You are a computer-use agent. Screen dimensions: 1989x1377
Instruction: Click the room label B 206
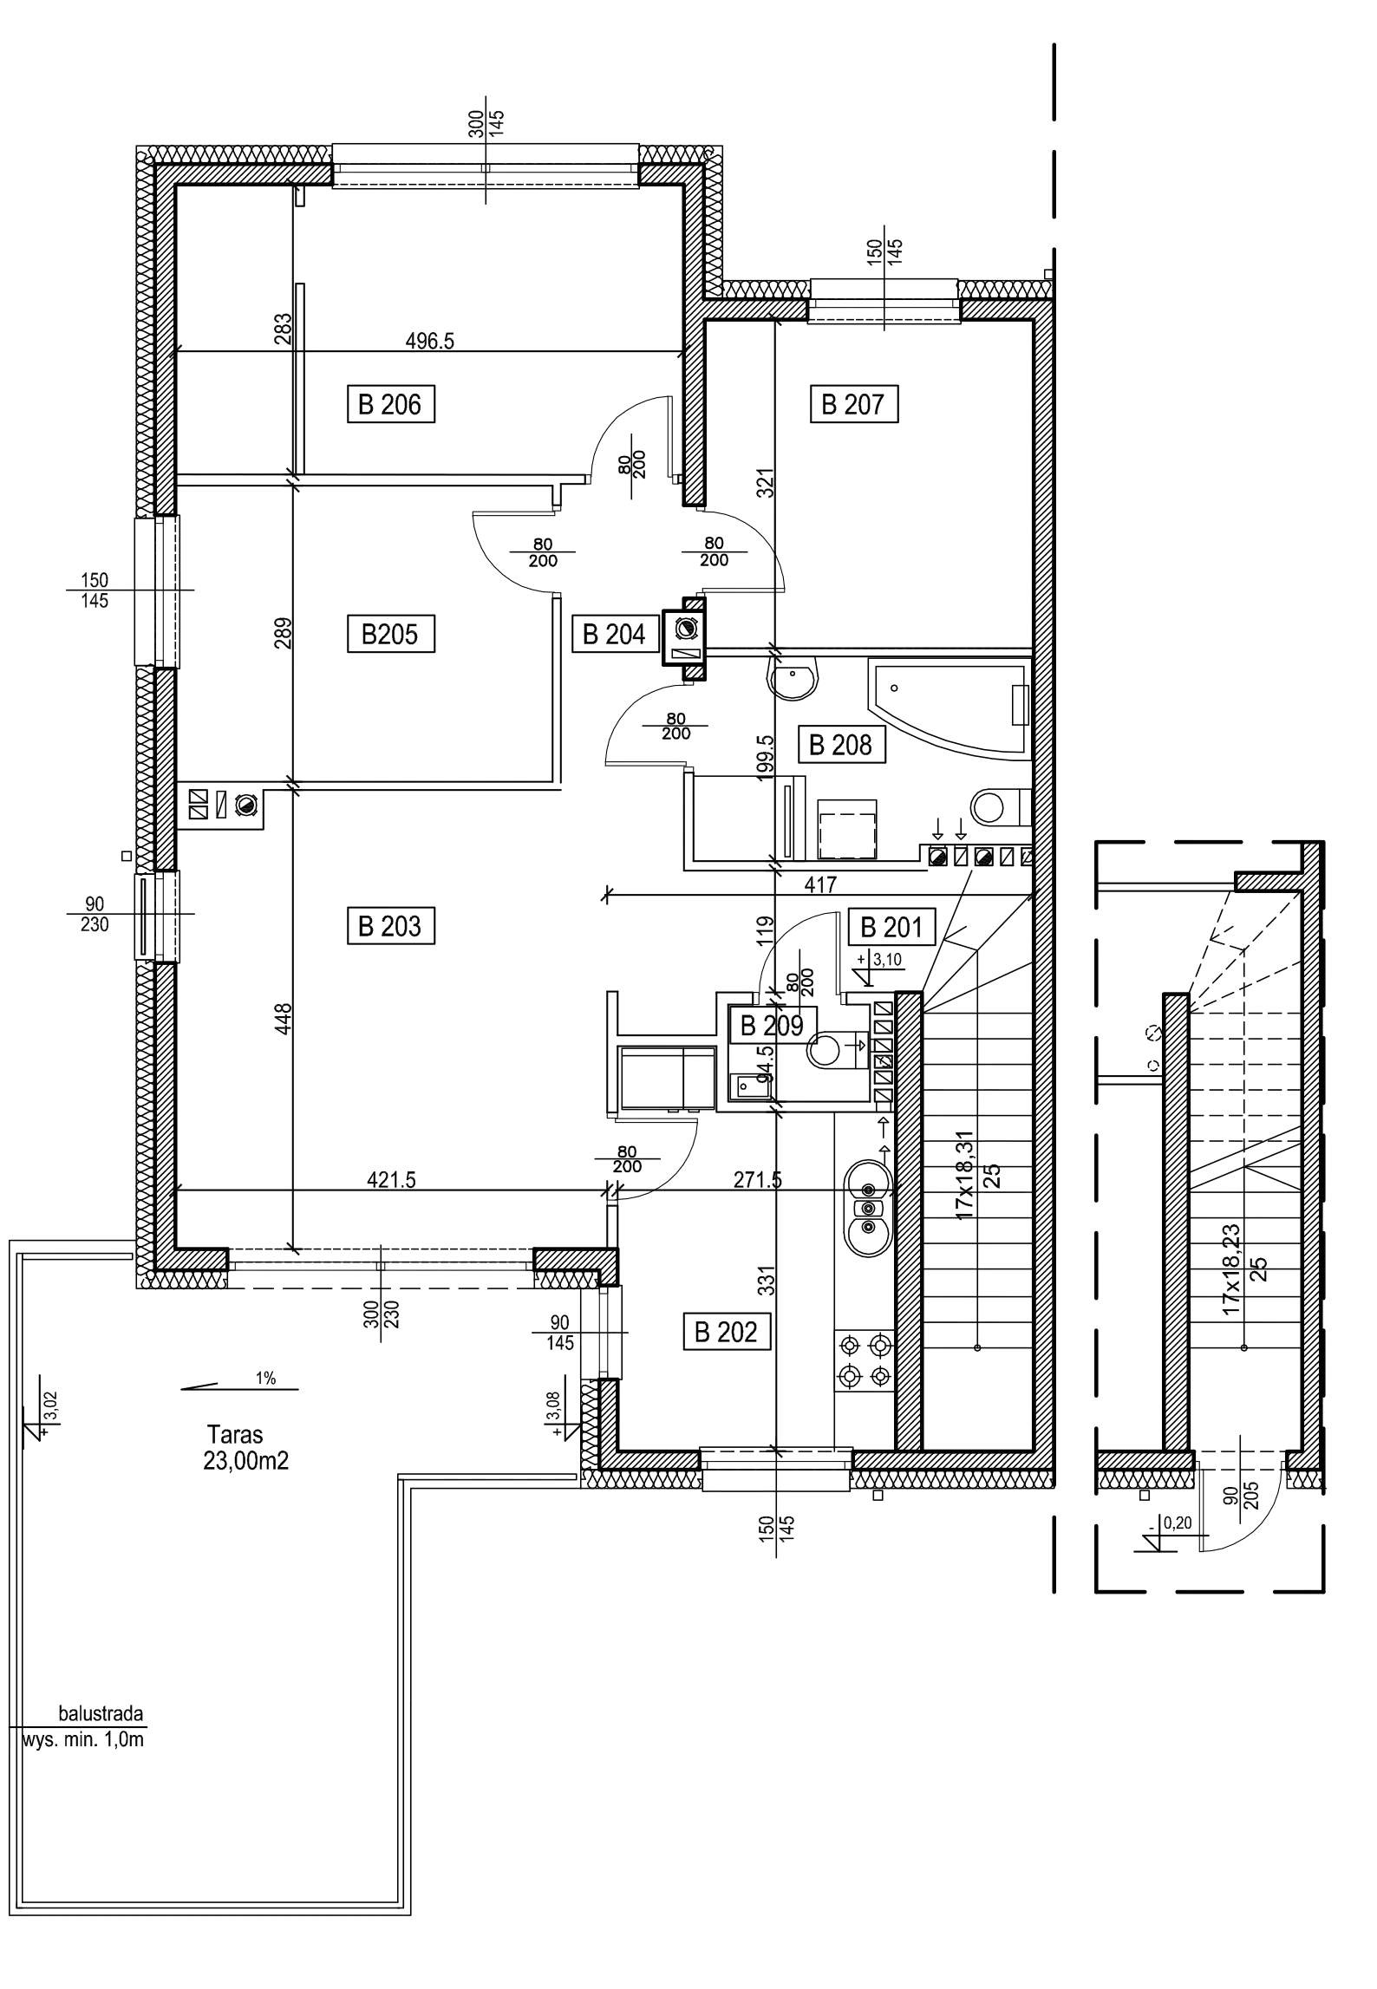coord(391,404)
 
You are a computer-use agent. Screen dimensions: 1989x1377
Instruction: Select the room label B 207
coord(852,404)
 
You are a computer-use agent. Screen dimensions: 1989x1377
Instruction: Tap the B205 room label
coord(390,635)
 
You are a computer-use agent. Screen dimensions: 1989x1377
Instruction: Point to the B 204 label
coord(615,635)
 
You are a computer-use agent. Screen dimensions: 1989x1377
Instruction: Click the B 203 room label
coord(390,926)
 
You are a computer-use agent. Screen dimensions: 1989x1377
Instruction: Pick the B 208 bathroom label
coord(841,745)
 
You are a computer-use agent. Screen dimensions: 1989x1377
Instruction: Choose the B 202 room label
coord(727,1332)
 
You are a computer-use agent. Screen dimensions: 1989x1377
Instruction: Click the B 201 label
coord(891,928)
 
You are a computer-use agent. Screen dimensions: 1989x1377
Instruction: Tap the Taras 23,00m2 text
coord(246,1447)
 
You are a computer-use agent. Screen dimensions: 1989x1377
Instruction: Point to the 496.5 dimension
coord(430,341)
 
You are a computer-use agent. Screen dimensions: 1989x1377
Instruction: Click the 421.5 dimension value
coord(392,1179)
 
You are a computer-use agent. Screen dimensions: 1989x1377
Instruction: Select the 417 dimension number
coord(820,885)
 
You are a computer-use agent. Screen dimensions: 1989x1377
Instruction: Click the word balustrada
coord(100,1714)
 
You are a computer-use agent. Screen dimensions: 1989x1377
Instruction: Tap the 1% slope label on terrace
coord(266,1378)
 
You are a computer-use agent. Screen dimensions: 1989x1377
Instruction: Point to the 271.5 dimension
coord(757,1179)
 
